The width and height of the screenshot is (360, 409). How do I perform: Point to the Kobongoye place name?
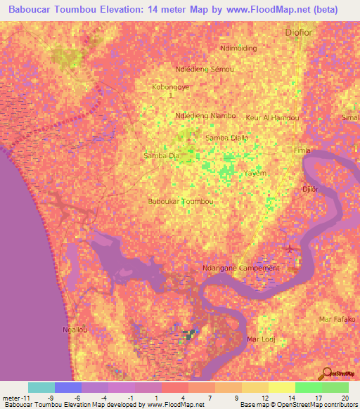[171, 88]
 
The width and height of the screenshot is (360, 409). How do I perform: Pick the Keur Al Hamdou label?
[273, 117]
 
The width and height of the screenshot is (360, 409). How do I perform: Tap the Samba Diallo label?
[226, 138]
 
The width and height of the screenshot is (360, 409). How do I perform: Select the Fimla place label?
[302, 151]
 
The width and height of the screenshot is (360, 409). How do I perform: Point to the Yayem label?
[254, 171]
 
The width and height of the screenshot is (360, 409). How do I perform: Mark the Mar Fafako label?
[335, 319]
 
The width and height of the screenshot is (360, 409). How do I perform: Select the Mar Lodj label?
[260, 339]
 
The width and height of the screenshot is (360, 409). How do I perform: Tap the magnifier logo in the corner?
[328, 372]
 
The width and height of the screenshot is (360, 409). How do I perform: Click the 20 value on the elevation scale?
[344, 396]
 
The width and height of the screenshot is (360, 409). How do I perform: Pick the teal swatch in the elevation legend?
[41, 387]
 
